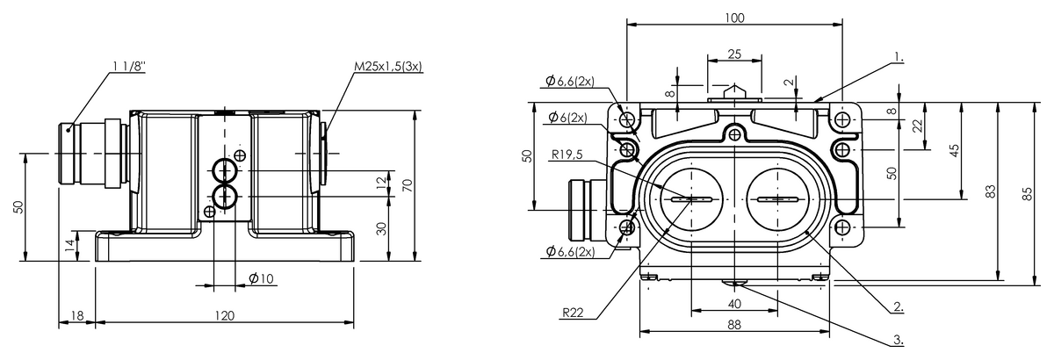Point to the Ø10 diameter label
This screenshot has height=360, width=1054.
[262, 278]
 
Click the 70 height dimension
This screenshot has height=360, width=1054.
[407, 185]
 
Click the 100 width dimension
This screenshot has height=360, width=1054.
[735, 18]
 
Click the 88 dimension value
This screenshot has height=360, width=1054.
[735, 324]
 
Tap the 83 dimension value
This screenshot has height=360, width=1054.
[991, 193]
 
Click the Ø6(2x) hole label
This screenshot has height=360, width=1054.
[568, 118]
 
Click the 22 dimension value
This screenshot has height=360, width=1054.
[918, 126]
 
